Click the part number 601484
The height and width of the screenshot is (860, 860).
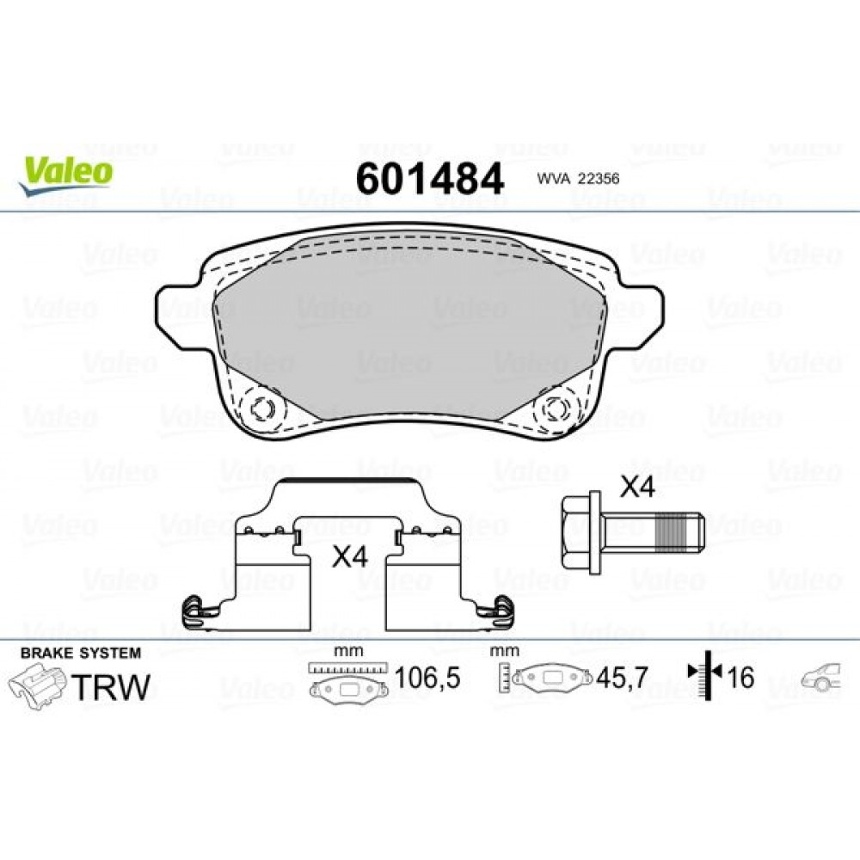point(429,179)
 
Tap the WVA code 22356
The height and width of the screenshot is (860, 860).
point(579,179)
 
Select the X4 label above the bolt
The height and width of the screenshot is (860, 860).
point(638,488)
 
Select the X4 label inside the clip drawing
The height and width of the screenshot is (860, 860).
point(349,556)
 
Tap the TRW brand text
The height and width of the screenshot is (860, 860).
point(109,686)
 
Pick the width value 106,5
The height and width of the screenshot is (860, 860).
point(427,679)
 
